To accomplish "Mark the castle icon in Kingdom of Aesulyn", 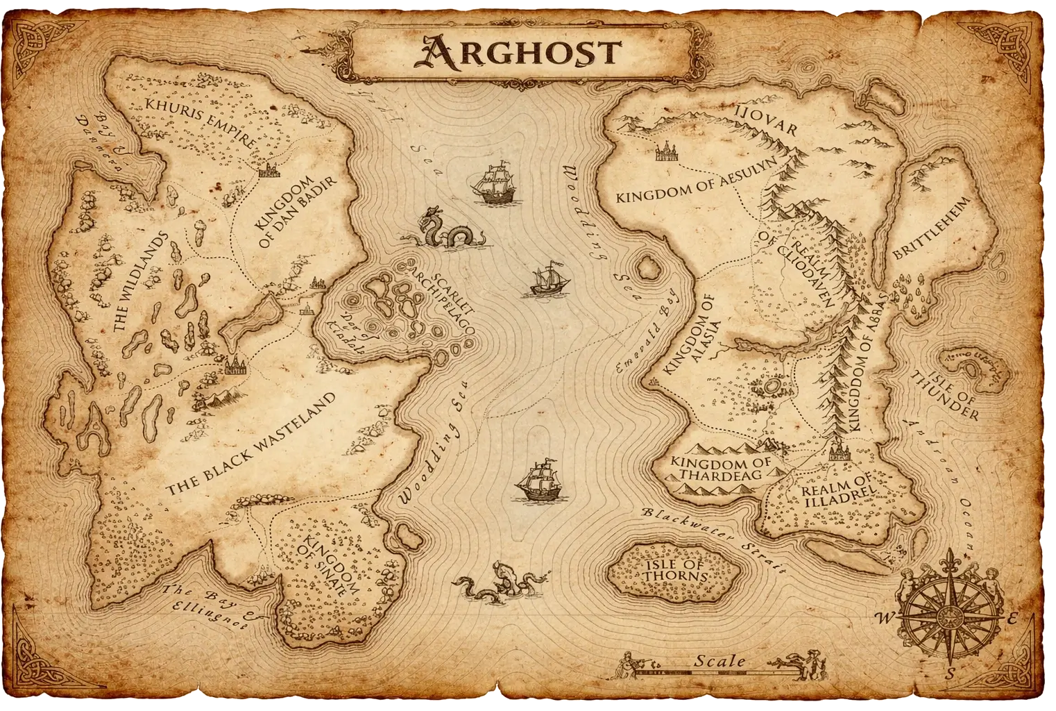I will click(x=666, y=153).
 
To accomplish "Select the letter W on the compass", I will click(x=885, y=617).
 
